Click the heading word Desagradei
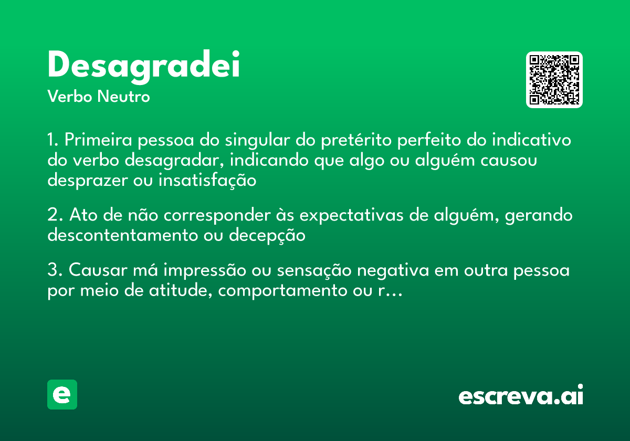coord(143,66)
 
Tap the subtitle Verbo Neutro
coord(98,97)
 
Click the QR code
coord(554,80)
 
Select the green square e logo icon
coord(62,394)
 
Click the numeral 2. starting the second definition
coord(55,215)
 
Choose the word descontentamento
coord(120,235)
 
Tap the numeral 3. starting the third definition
coord(55,271)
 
